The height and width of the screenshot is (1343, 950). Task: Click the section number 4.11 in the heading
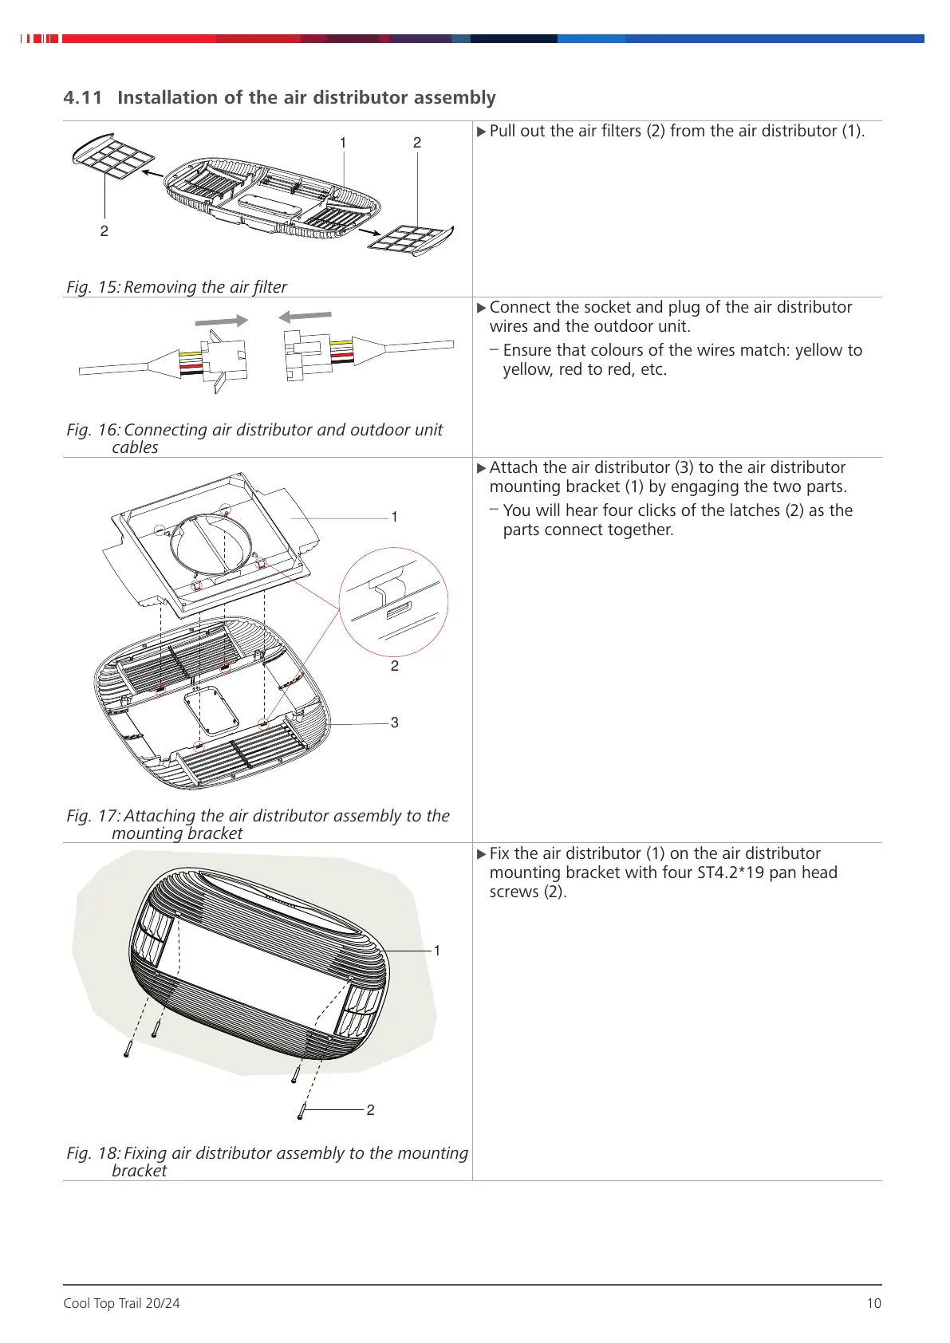(83, 98)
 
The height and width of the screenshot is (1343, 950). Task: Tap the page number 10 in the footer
(873, 1303)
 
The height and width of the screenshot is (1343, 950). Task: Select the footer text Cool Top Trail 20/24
(121, 1303)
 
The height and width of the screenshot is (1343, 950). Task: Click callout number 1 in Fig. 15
(343, 143)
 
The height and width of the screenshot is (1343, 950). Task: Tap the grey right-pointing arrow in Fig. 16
(222, 321)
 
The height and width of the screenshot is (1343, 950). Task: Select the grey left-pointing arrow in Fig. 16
(305, 317)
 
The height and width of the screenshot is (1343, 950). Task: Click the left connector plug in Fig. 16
(223, 361)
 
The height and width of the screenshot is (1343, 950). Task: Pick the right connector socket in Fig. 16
(306, 356)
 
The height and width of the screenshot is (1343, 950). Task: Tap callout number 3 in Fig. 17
(394, 723)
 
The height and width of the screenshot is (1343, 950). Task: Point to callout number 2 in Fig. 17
(394, 666)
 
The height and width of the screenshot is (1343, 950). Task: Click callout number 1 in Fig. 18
(436, 951)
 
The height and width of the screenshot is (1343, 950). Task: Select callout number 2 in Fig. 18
(370, 1110)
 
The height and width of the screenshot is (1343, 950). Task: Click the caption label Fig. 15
(93, 287)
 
